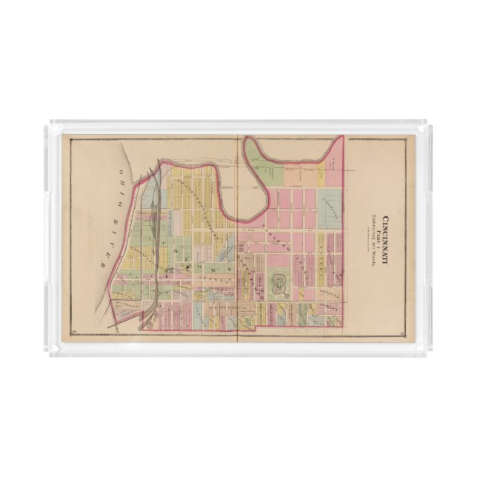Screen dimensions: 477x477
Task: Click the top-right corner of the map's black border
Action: click(x=407, y=138)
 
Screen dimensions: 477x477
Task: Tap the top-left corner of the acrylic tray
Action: click(x=47, y=123)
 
